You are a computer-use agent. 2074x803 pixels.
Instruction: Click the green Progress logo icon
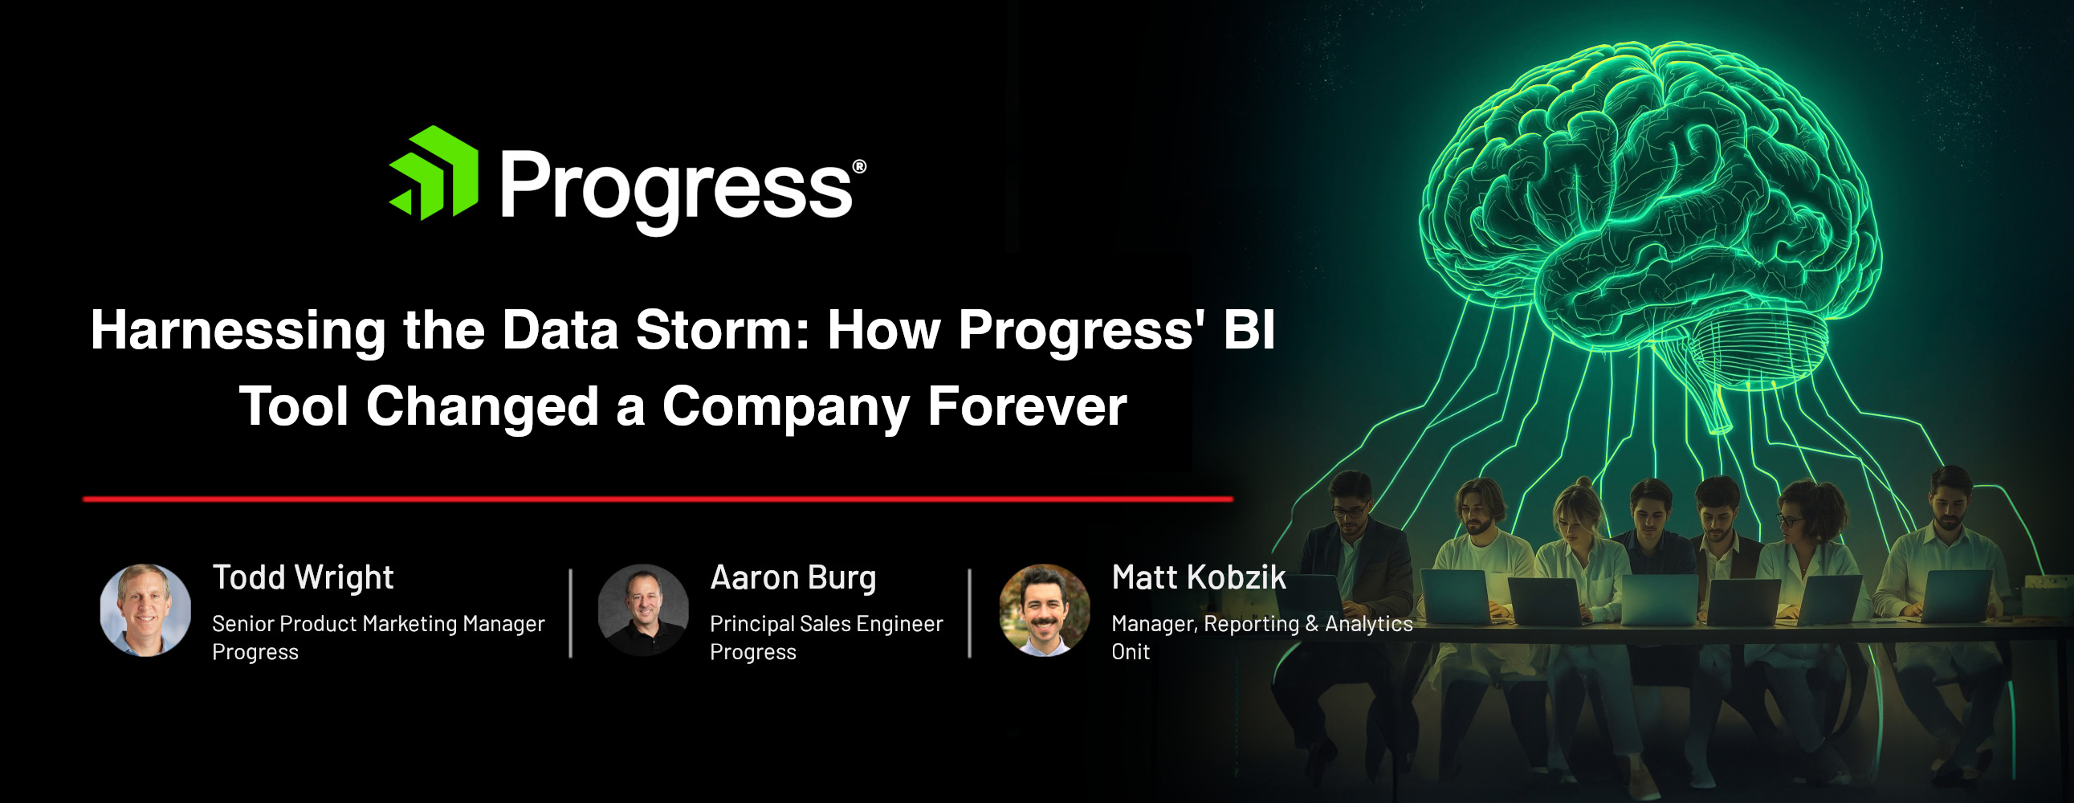pyautogui.click(x=434, y=173)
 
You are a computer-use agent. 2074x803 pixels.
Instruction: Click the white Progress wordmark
pyautogui.click(x=676, y=190)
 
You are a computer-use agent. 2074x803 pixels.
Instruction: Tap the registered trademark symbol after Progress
pyautogui.click(x=859, y=167)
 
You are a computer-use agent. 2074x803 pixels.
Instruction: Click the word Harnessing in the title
pyautogui.click(x=238, y=332)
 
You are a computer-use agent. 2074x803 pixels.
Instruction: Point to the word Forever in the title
pyautogui.click(x=1027, y=406)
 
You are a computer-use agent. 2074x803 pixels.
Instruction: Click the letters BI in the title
pyautogui.click(x=1249, y=330)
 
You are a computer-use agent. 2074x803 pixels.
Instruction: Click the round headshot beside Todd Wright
pyautogui.click(x=145, y=609)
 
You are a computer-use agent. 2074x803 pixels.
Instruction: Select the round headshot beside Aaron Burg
pyautogui.click(x=643, y=609)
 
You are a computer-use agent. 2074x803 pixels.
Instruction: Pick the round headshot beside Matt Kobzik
pyautogui.click(x=1045, y=609)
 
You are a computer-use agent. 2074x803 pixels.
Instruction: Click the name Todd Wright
pyautogui.click(x=303, y=578)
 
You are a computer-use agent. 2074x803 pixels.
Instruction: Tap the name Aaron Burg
pyautogui.click(x=793, y=578)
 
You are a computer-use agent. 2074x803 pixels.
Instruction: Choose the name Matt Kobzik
pyautogui.click(x=1199, y=577)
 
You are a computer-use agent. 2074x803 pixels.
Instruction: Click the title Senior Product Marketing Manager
pyautogui.click(x=378, y=624)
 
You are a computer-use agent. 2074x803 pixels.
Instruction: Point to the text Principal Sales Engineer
pyautogui.click(x=826, y=624)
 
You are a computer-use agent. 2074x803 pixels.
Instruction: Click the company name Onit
pyautogui.click(x=1131, y=651)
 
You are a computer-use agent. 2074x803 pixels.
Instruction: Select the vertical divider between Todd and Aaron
pyautogui.click(x=571, y=613)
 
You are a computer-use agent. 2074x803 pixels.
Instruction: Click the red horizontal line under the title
pyautogui.click(x=658, y=499)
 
